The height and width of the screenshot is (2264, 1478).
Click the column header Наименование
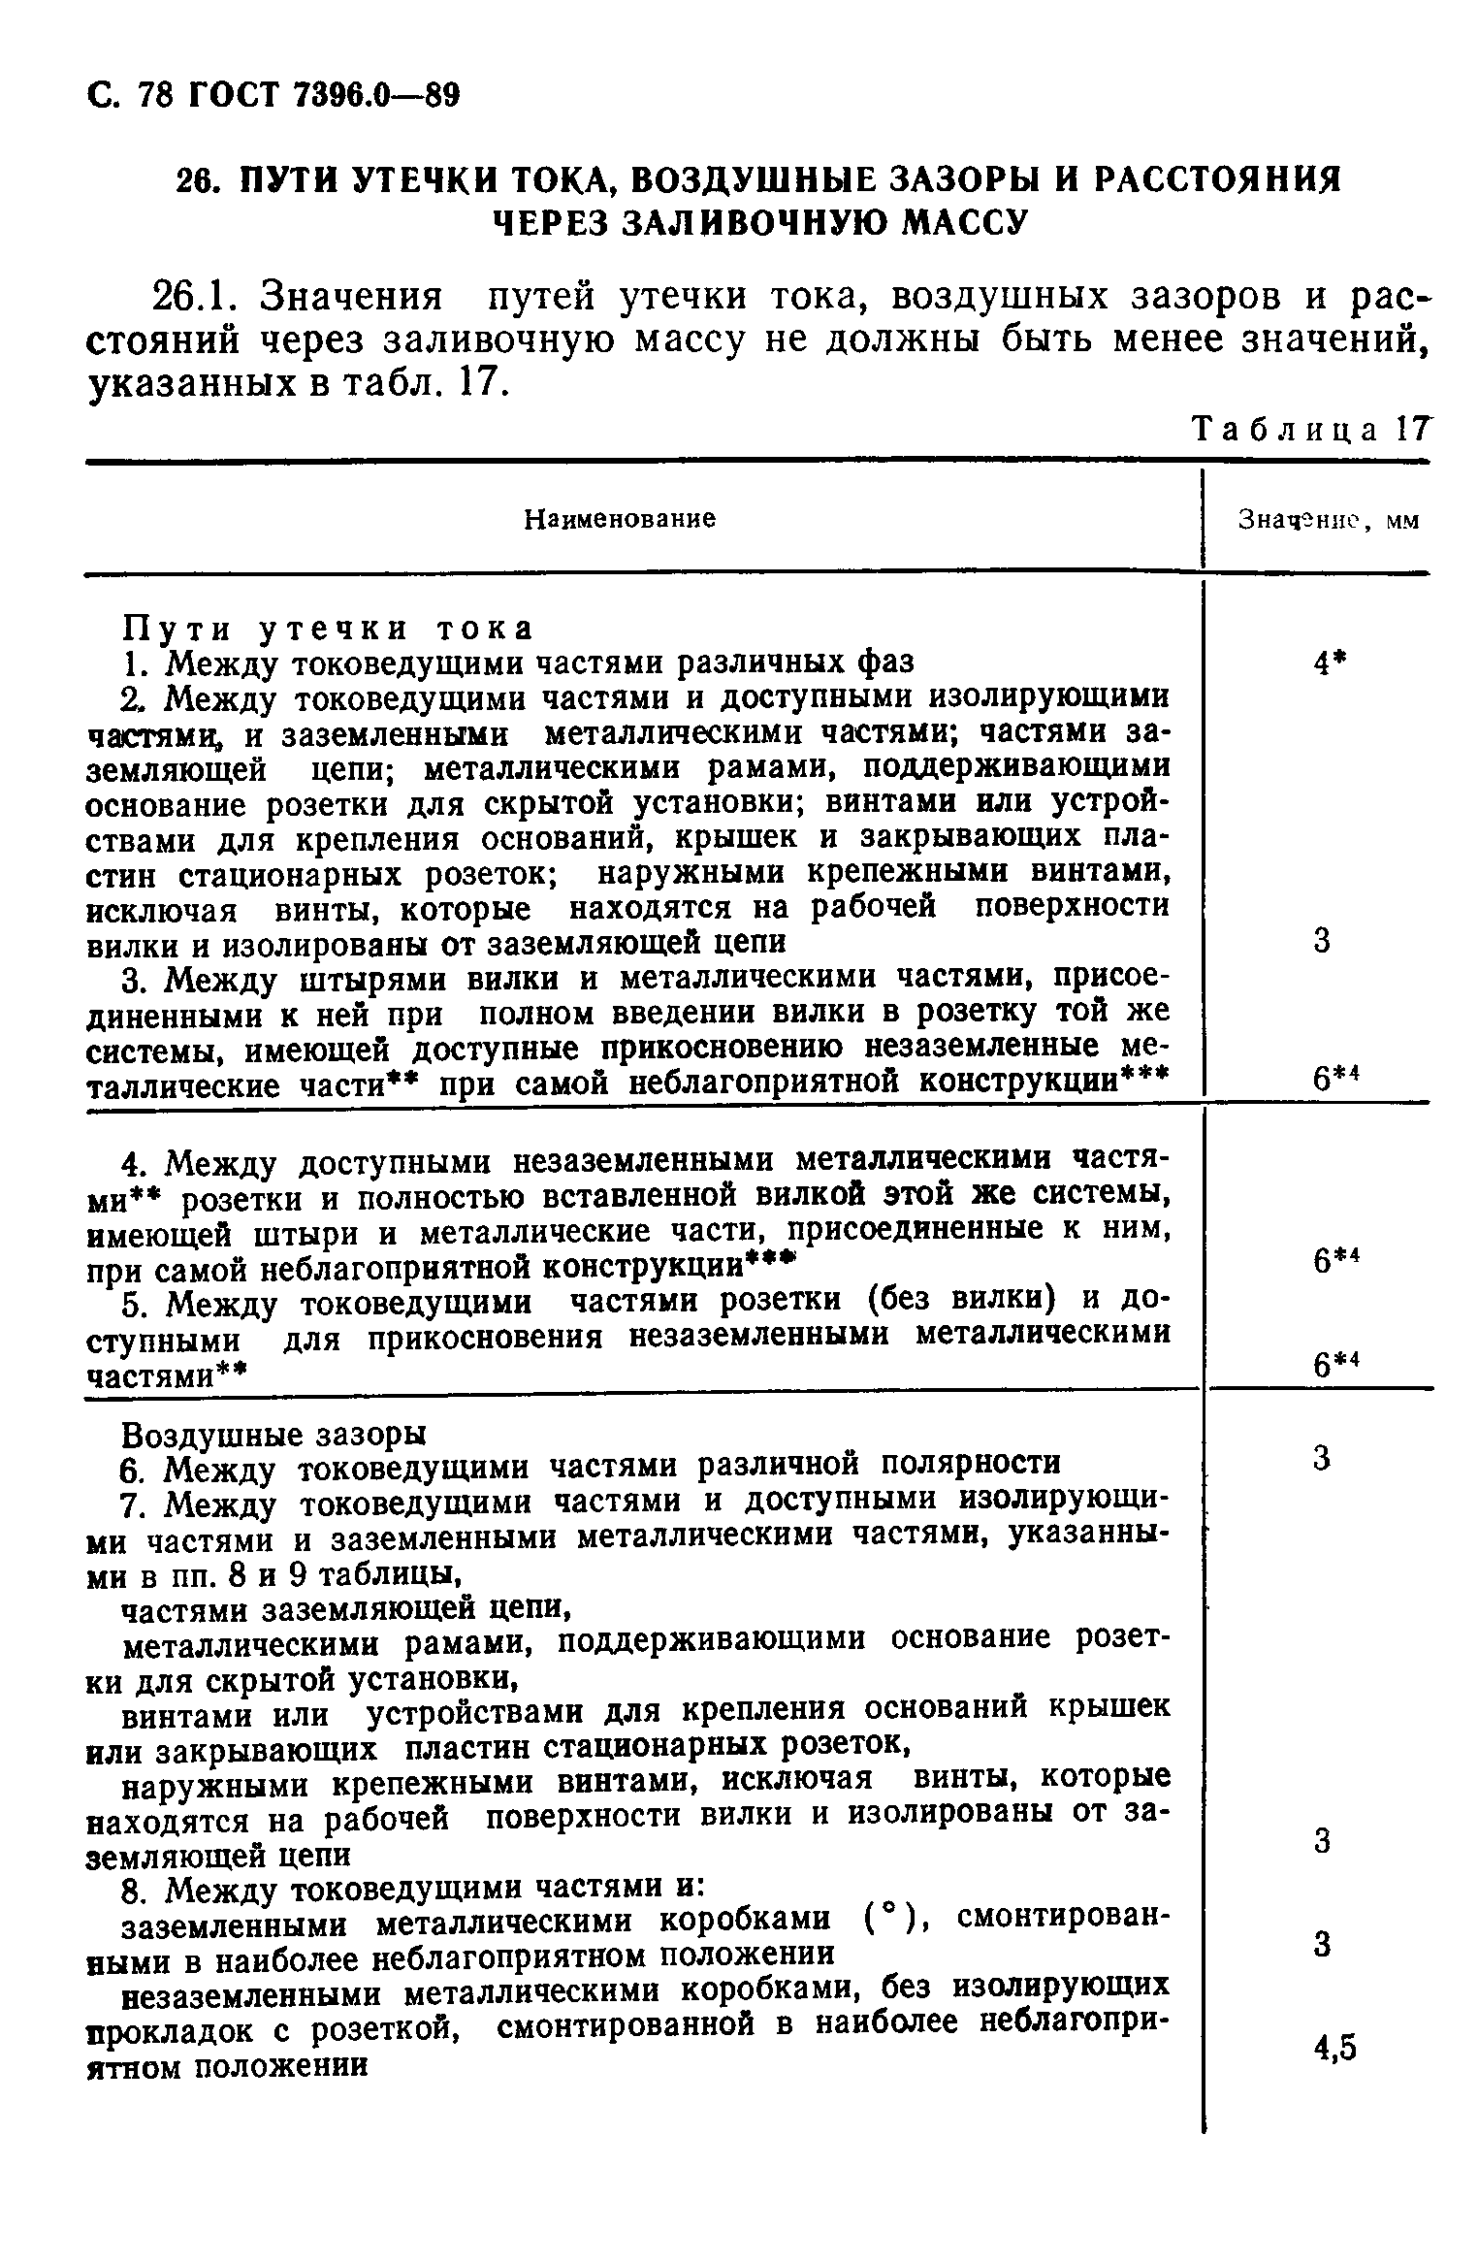[x=619, y=520]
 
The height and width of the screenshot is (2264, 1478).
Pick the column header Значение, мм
[x=1328, y=521]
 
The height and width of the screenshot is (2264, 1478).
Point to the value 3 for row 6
[x=1321, y=1459]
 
